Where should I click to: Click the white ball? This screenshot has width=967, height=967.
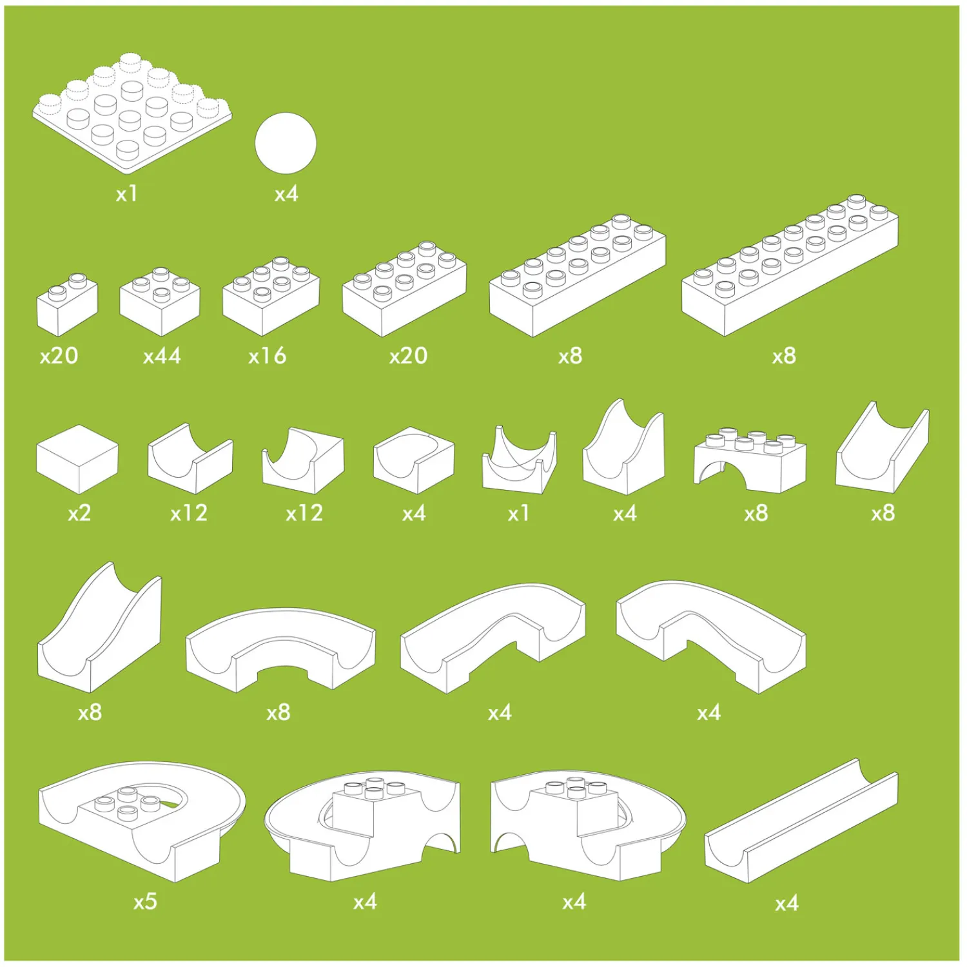(286, 143)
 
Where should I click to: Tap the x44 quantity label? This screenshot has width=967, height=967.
(162, 356)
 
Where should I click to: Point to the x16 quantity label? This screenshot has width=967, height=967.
(267, 356)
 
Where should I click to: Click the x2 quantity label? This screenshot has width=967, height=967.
(79, 513)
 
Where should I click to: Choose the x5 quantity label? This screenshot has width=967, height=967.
(145, 901)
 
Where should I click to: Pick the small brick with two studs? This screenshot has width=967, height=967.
(67, 304)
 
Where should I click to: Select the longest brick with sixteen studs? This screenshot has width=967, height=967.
(790, 265)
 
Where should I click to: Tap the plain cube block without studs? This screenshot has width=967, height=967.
(77, 459)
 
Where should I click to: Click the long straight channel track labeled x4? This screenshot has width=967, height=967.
(801, 821)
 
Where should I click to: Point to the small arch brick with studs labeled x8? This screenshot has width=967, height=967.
(750, 460)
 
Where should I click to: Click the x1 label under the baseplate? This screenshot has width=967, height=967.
(126, 194)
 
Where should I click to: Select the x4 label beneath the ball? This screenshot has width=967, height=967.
(286, 194)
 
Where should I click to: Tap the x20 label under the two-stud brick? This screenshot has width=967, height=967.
(59, 356)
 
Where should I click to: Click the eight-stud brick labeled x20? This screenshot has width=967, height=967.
(404, 289)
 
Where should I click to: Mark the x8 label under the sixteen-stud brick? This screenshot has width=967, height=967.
(784, 356)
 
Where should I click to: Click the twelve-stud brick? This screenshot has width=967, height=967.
(578, 275)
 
